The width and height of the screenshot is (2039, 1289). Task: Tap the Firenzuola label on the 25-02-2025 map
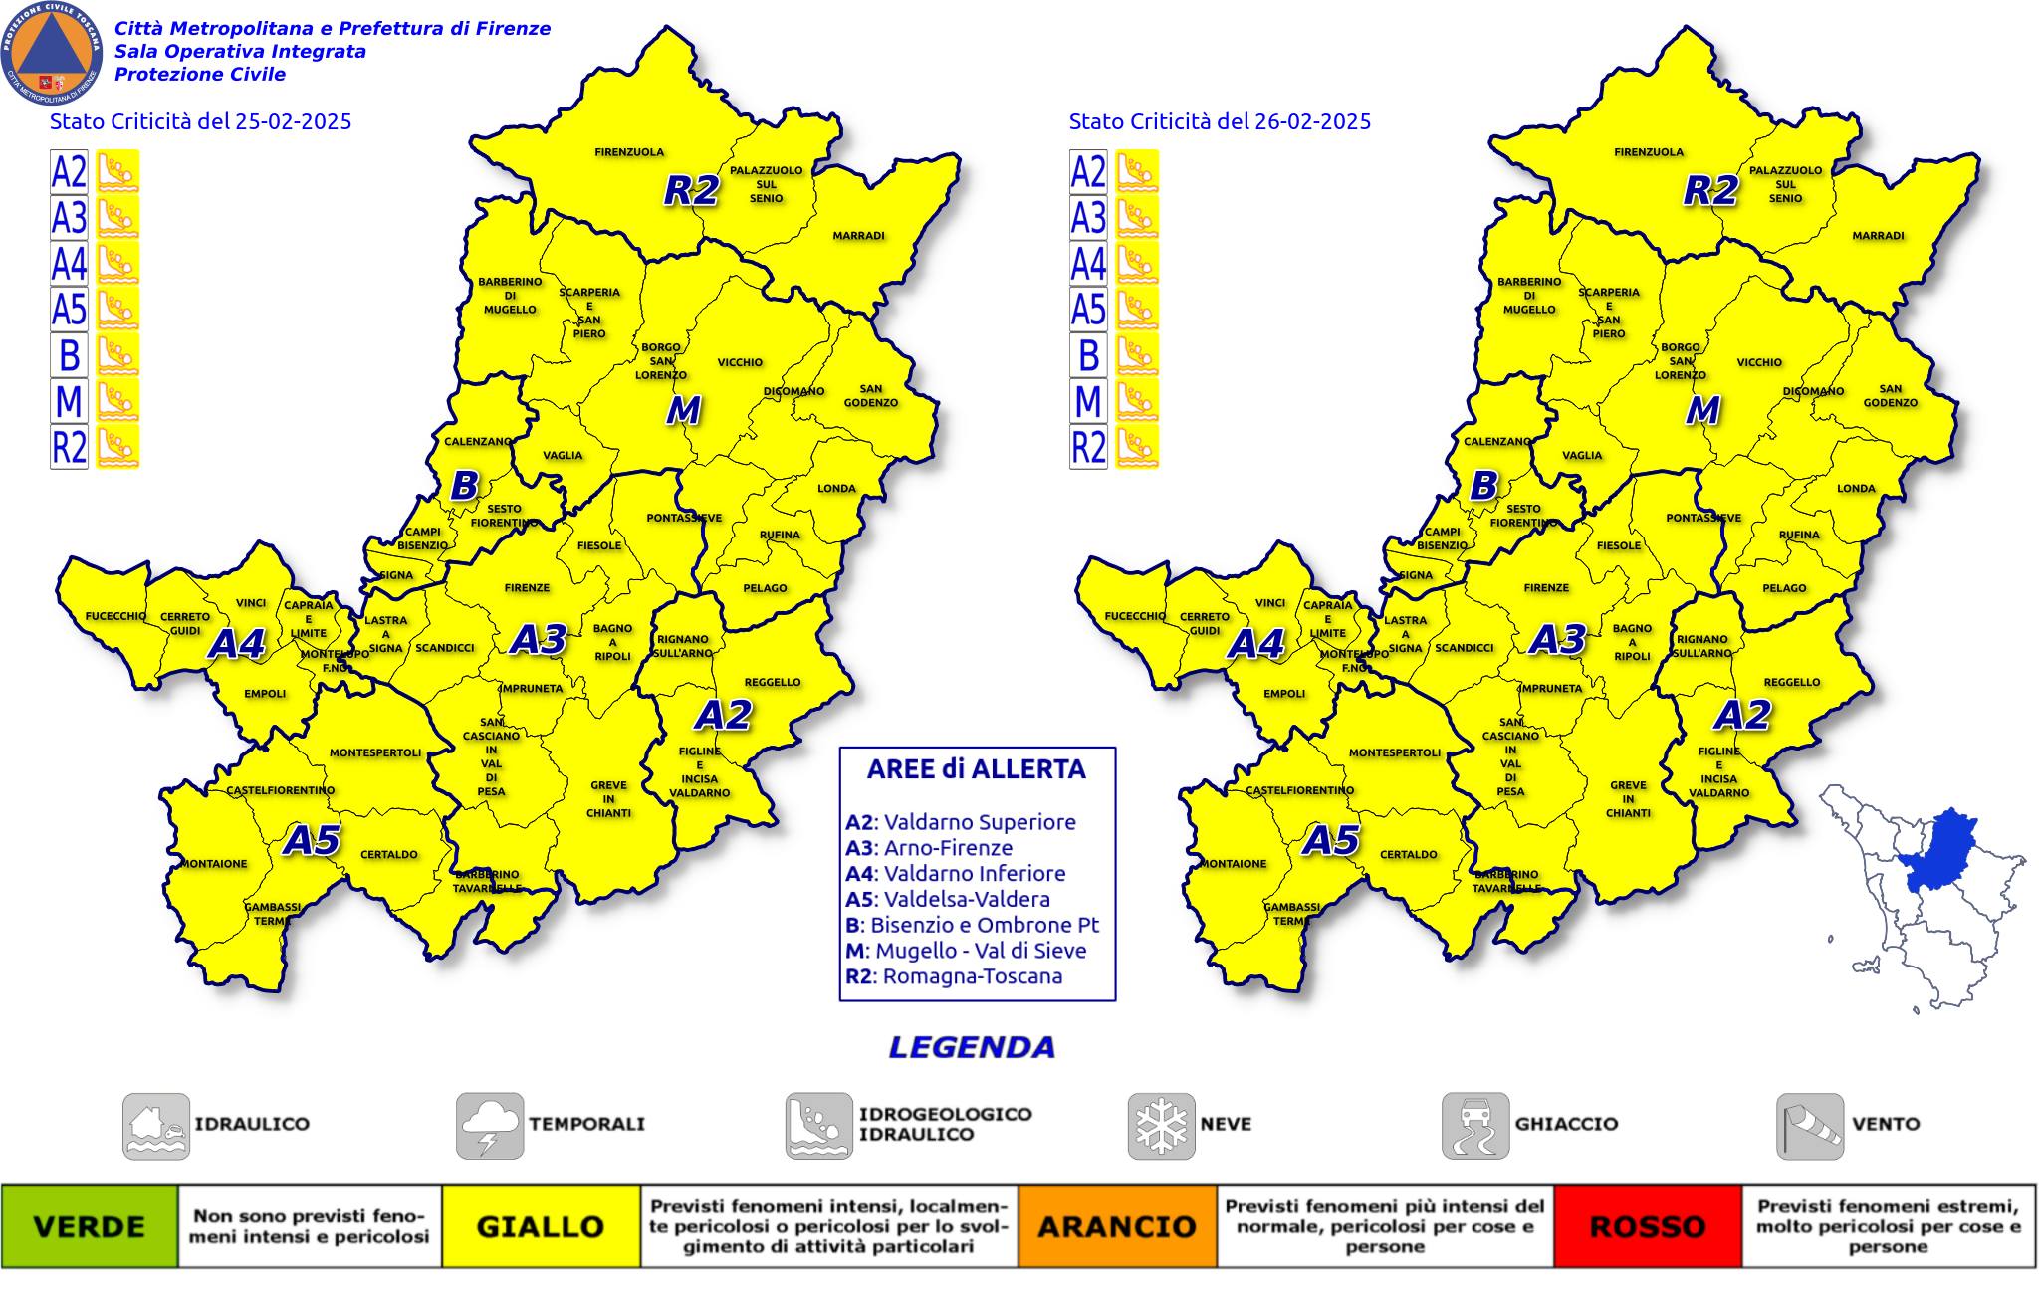coord(629,152)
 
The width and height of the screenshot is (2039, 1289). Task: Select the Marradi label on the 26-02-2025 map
coord(1878,236)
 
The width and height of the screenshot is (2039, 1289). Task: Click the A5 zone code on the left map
coord(312,841)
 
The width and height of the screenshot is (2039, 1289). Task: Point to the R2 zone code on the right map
coord(1710,190)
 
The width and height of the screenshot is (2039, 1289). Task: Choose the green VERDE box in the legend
coord(90,1226)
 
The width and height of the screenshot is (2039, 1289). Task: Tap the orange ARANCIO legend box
coord(1116,1226)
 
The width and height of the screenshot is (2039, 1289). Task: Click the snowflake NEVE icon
coord(1161,1126)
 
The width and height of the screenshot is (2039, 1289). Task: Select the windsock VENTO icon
coord(1809,1126)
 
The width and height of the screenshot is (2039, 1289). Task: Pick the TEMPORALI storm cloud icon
coord(490,1126)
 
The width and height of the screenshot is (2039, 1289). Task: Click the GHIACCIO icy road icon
coord(1474,1126)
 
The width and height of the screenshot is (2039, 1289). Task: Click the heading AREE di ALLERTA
coord(976,769)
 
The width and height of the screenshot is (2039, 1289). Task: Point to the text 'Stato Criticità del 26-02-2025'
coord(1220,121)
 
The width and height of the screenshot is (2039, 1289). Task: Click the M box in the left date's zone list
coord(69,400)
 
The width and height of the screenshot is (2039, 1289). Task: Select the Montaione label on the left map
coord(213,863)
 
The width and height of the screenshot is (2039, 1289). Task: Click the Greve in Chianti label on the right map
coord(1628,799)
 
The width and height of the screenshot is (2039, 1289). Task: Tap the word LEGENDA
coord(971,1047)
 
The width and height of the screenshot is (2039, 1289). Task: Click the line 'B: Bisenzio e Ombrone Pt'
coord(972,925)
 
